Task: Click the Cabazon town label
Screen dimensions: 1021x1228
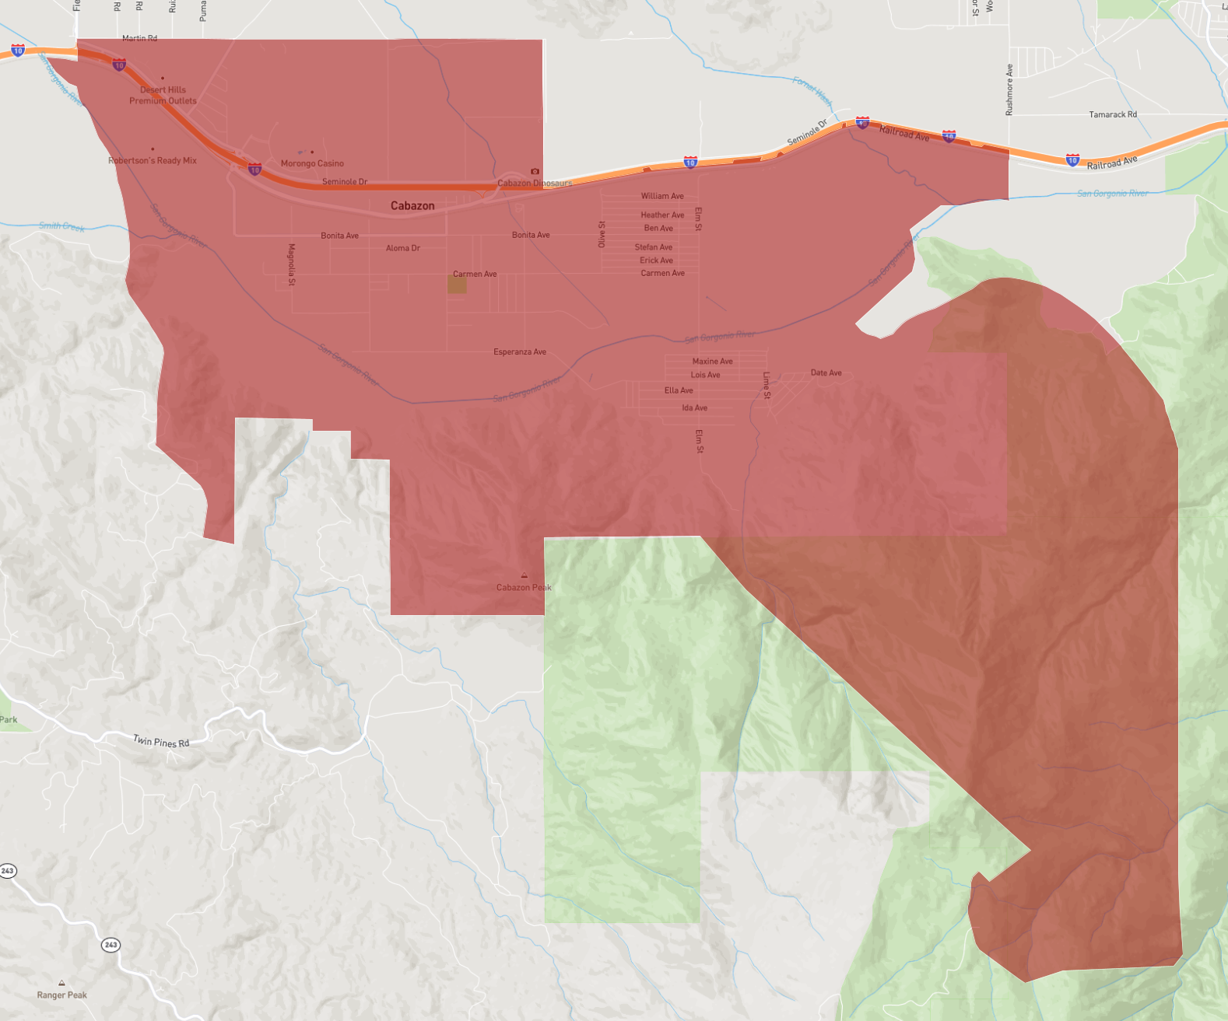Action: (412, 206)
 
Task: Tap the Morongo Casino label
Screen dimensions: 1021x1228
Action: (312, 163)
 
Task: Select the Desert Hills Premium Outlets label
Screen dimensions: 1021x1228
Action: (163, 96)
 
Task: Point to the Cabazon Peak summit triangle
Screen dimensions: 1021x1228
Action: (524, 576)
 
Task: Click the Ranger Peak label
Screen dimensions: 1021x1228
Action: (61, 995)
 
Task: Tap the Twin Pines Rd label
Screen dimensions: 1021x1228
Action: (161, 742)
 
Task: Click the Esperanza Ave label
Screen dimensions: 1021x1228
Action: (520, 352)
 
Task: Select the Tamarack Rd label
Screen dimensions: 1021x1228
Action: (1113, 114)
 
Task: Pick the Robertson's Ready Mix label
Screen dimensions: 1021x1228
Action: (153, 161)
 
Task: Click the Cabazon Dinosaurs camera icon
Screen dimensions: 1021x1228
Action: (535, 172)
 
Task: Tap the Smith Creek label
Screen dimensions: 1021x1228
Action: (62, 226)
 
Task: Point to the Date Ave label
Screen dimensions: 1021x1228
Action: (826, 373)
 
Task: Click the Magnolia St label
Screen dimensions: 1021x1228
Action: (292, 264)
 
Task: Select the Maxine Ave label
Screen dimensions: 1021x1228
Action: (713, 362)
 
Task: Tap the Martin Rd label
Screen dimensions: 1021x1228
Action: (139, 38)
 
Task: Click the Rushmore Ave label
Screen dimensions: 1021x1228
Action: (1009, 89)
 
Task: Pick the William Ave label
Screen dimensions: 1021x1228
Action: (662, 196)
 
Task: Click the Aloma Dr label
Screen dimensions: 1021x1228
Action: (403, 248)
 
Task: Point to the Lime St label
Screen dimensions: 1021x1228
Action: (767, 385)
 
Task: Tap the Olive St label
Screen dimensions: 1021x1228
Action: (602, 234)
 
